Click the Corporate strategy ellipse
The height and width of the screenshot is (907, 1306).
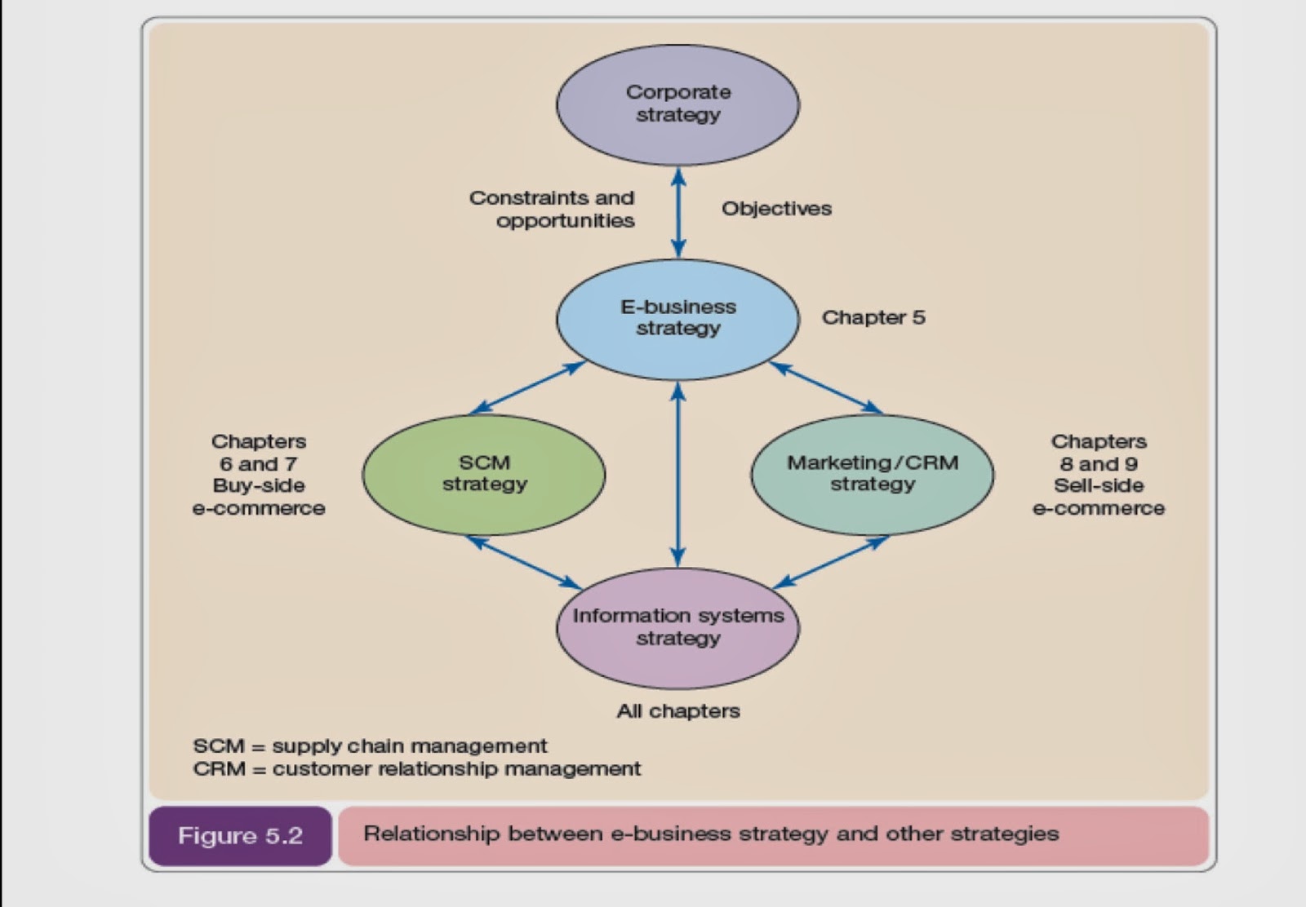pyautogui.click(x=677, y=104)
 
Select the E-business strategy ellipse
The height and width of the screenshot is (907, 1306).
pyautogui.click(x=677, y=319)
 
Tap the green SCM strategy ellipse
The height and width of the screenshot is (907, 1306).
pyautogui.click(x=484, y=474)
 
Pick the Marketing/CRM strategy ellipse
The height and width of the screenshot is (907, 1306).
pyautogui.click(x=872, y=474)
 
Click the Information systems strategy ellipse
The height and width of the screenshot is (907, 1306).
pyautogui.click(x=677, y=627)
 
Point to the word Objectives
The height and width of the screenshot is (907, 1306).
pyautogui.click(x=776, y=209)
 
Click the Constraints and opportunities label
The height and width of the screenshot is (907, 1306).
pyautogui.click(x=553, y=210)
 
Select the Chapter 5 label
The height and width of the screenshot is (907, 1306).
pyautogui.click(x=873, y=317)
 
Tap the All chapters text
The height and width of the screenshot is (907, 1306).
pyautogui.click(x=677, y=711)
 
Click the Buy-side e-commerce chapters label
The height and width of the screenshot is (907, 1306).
pyautogui.click(x=259, y=475)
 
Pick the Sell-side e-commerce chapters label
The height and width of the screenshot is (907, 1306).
pyautogui.click(x=1099, y=475)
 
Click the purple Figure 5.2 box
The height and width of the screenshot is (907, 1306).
pyautogui.click(x=240, y=836)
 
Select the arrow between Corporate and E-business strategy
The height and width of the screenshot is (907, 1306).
pyautogui.click(x=677, y=212)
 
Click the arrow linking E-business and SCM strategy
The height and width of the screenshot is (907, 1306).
pyautogui.click(x=528, y=387)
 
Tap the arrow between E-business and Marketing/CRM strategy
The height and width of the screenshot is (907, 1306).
pyautogui.click(x=826, y=387)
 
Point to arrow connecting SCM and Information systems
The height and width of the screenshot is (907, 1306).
pyautogui.click(x=524, y=562)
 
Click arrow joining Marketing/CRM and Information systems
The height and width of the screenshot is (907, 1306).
pyautogui.click(x=830, y=562)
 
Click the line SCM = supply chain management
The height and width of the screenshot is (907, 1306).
pyautogui.click(x=370, y=746)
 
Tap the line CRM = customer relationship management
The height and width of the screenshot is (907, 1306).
pyautogui.click(x=416, y=769)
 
